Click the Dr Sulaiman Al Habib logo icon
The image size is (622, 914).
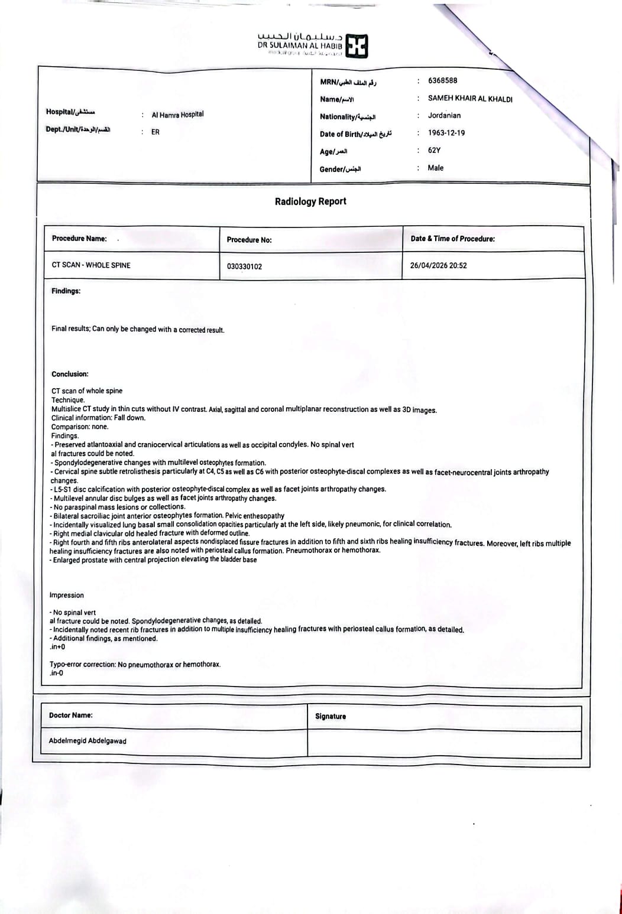[x=357, y=45]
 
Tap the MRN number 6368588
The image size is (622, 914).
[x=442, y=80]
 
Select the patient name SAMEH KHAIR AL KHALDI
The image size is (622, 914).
[x=470, y=99]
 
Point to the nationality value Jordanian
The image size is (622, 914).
[x=444, y=116]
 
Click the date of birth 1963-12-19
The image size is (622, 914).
[x=446, y=133]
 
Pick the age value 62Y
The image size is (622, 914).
[x=434, y=151]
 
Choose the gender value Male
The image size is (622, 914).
[x=435, y=168]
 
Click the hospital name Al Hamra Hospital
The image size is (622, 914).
[x=177, y=115]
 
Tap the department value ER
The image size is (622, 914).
[x=155, y=132]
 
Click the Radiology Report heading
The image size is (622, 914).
[x=310, y=201]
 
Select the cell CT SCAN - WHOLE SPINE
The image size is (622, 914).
[x=91, y=265]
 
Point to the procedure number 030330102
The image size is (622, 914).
[x=244, y=266]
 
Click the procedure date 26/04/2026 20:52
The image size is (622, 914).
[x=438, y=266]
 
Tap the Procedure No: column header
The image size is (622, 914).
[x=249, y=240]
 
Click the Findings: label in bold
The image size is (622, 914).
[x=66, y=291]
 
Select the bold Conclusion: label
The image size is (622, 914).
[x=70, y=374]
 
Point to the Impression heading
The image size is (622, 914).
[x=67, y=595]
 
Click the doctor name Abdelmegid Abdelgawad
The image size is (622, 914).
[x=88, y=741]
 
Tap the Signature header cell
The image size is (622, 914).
[x=331, y=717]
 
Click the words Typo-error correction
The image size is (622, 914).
[x=82, y=665]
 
